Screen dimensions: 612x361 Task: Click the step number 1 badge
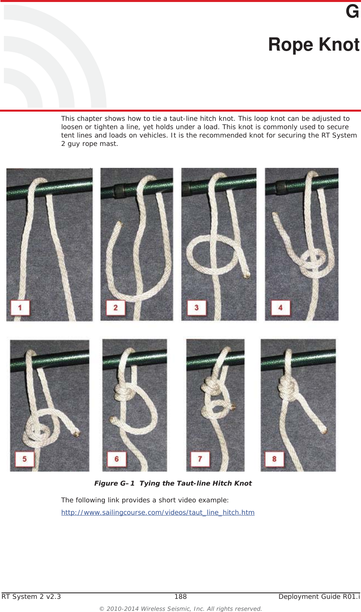(20, 307)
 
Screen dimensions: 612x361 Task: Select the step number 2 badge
(116, 307)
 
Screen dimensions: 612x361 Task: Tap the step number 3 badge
(196, 307)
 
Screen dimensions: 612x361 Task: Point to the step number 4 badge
(281, 307)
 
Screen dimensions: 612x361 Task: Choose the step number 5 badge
(24, 459)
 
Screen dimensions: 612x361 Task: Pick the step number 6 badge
(117, 459)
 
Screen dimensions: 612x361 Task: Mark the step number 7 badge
(200, 459)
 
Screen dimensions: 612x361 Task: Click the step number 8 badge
(274, 459)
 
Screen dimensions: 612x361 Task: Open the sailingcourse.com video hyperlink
(158, 512)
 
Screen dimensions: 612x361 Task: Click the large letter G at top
(352, 12)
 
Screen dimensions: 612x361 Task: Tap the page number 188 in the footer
(180, 596)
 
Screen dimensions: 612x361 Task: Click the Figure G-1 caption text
(173, 483)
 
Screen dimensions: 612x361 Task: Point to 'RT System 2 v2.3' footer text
(31, 596)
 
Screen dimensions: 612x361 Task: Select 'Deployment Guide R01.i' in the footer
(319, 596)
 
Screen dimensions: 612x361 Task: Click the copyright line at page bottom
(180, 609)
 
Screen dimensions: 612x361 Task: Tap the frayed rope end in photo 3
(247, 274)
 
